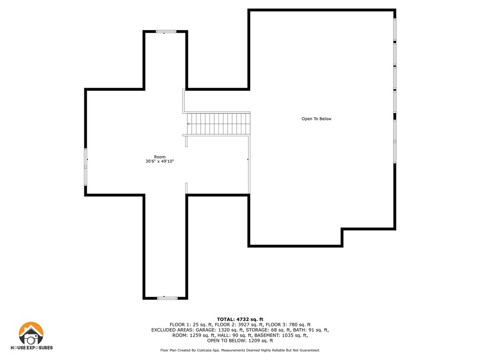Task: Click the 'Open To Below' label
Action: [316, 119]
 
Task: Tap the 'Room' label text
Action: [160, 157]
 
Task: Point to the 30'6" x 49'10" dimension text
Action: [160, 162]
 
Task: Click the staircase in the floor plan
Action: [218, 124]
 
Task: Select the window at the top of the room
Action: [166, 31]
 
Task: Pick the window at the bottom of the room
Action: [167, 298]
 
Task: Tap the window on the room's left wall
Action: [85, 167]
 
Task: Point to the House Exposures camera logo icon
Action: [31, 334]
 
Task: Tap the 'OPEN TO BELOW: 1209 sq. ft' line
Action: [240, 341]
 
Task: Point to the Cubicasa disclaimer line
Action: [240, 350]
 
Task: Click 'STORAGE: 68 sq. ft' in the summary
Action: [269, 330]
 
